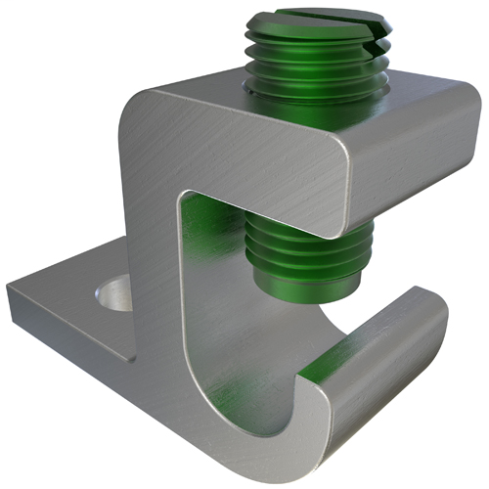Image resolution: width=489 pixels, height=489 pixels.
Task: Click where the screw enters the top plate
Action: pyautogui.click(x=284, y=93)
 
